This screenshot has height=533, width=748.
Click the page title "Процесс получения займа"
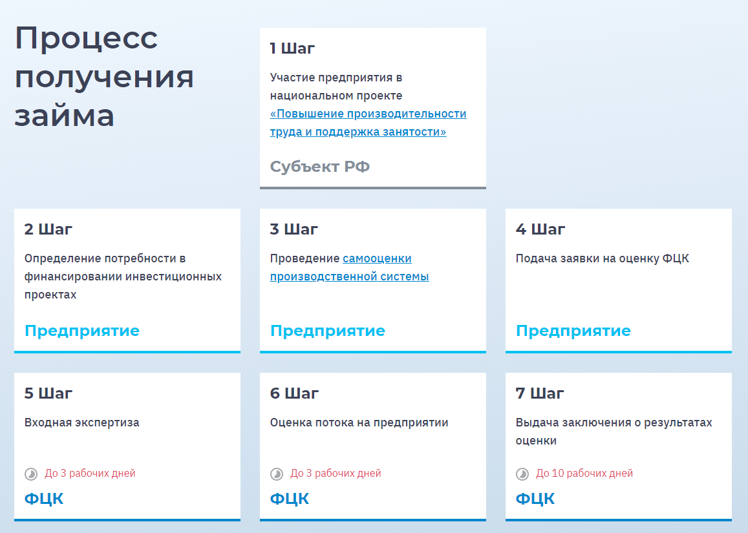tap(104, 76)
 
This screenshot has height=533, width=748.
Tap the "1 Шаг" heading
tap(292, 48)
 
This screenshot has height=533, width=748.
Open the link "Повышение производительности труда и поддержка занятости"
tap(368, 123)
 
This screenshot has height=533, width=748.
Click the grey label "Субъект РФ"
tap(319, 167)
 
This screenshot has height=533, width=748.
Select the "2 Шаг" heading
tap(48, 229)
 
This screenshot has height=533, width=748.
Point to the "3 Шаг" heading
tap(294, 229)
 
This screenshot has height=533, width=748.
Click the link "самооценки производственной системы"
tap(349, 267)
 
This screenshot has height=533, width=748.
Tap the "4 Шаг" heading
tap(540, 229)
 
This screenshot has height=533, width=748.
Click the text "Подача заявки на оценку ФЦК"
tap(602, 258)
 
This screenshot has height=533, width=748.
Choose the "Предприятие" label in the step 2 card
tap(82, 330)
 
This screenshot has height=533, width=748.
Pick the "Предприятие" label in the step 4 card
tap(573, 330)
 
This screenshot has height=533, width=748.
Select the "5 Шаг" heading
tap(48, 393)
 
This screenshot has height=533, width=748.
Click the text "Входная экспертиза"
tap(81, 423)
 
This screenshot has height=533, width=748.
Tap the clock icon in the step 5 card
tap(31, 474)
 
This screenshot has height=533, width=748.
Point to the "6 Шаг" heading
tap(294, 393)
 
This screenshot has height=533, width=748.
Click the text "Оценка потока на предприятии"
tap(359, 423)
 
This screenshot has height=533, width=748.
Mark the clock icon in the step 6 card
tap(277, 474)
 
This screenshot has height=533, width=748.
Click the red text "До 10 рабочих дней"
tap(584, 474)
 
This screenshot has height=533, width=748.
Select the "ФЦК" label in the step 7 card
tap(535, 499)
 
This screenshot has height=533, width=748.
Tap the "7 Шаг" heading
tap(540, 393)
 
